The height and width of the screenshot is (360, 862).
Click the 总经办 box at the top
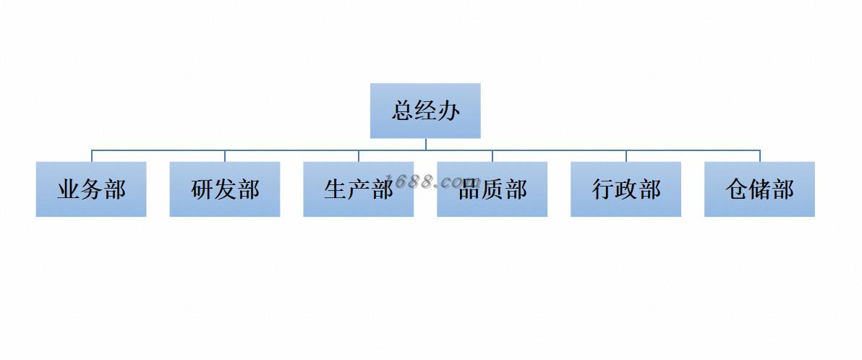pyautogui.click(x=425, y=111)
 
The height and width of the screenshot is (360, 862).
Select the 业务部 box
pyautogui.click(x=91, y=189)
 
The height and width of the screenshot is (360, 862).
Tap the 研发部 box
pyautogui.click(x=225, y=189)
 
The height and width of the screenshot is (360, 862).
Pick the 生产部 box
pyautogui.click(x=358, y=189)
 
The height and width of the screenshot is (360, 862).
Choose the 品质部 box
pyautogui.click(x=492, y=189)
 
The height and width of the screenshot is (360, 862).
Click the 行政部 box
pyautogui.click(x=626, y=189)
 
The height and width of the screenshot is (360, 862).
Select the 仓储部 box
pyautogui.click(x=759, y=189)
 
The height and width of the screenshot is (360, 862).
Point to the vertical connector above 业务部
pyautogui.click(x=92, y=156)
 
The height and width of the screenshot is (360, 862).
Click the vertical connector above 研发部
pyautogui.click(x=225, y=156)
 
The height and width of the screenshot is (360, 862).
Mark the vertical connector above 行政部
pyautogui.click(x=626, y=156)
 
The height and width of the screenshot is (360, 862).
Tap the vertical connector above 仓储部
pyautogui.click(x=760, y=156)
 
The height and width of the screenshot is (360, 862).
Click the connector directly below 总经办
pyautogui.click(x=426, y=144)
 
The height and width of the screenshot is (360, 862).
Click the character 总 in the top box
pyautogui.click(x=404, y=111)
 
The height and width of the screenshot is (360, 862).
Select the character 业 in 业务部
pyautogui.click(x=69, y=190)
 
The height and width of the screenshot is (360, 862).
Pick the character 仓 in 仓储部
pyautogui.click(x=737, y=190)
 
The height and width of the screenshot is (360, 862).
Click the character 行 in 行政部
pyautogui.click(x=603, y=190)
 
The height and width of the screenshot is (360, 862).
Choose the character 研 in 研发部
pyautogui.click(x=202, y=190)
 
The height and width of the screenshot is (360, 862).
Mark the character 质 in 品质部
pyautogui.click(x=492, y=190)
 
